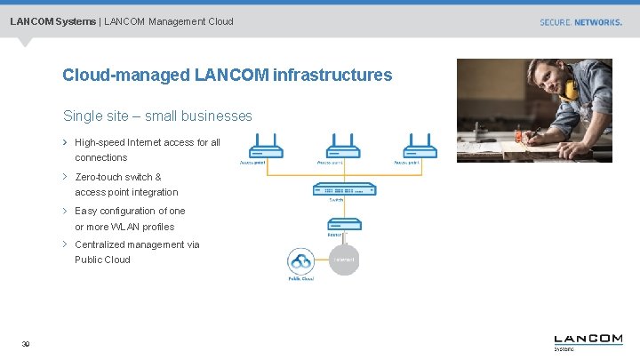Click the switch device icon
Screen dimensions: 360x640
pos(343,189)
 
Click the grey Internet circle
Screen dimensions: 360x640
pos(343,260)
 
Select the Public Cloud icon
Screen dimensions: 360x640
pos(300,261)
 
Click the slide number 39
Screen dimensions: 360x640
pos(26,345)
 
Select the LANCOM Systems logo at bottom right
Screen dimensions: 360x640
pos(588,341)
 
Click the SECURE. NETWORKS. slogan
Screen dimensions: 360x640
pos(580,22)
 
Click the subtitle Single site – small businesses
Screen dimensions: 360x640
pos(157,116)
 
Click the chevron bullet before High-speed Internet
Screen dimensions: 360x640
pos(65,142)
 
